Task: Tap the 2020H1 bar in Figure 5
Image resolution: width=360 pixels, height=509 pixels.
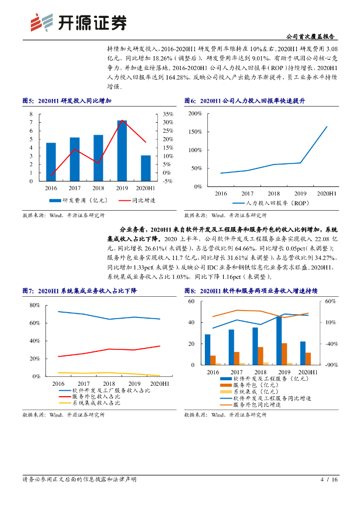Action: pyautogui.click(x=146, y=168)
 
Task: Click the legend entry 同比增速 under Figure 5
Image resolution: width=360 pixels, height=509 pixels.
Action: pyautogui.click(x=144, y=201)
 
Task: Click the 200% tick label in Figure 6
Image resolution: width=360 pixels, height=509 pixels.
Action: pyautogui.click(x=195, y=114)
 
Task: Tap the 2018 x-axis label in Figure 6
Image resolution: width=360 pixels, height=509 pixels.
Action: pyautogui.click(x=273, y=193)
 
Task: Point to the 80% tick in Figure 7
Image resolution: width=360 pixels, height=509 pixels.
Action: pyautogui.click(x=34, y=305)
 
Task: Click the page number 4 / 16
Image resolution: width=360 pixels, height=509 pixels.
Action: pyautogui.click(x=329, y=480)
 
